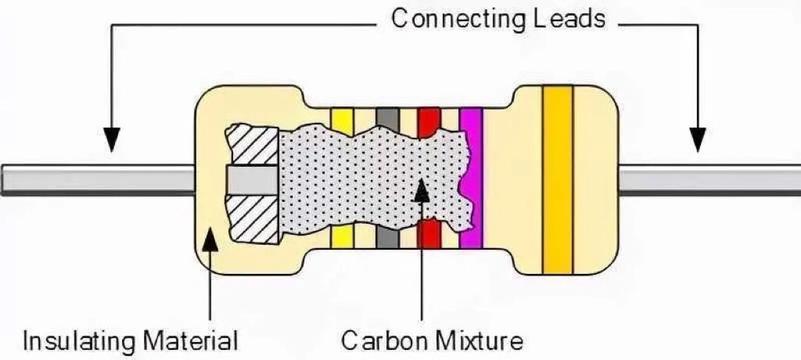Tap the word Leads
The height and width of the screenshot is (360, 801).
[569, 19]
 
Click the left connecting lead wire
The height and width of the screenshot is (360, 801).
[98, 180]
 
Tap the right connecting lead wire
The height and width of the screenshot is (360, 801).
[709, 180]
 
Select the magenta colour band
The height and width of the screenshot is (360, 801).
[471, 178]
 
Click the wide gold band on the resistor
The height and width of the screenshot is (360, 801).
[557, 180]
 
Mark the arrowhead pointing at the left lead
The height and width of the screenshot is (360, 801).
[111, 139]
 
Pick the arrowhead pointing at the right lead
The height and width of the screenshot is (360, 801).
[697, 139]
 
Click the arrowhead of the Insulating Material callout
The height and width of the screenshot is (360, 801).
[210, 239]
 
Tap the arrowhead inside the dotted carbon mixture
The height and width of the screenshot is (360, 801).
[422, 190]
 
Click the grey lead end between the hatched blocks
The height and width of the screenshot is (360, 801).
[253, 181]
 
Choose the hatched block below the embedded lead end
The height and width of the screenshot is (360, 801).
[255, 219]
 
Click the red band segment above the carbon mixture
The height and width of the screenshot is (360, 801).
[429, 123]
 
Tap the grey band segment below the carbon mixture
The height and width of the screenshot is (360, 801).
[387, 237]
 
